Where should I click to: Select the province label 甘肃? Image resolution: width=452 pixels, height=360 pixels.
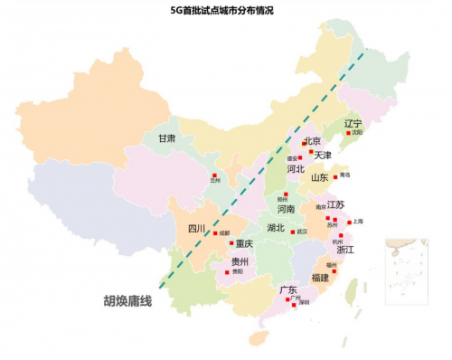[x=166, y=138]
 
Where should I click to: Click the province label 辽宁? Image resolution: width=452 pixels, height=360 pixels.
[x=353, y=123]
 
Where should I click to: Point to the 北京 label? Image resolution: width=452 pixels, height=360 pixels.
[x=313, y=141]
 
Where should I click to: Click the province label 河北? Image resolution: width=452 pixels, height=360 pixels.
[x=295, y=168]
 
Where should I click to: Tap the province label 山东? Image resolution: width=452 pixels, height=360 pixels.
[x=320, y=178]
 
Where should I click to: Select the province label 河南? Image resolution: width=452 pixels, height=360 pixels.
[x=287, y=208]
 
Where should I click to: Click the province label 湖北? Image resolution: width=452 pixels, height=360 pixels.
[x=276, y=228]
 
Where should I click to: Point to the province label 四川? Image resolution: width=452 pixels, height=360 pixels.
[x=197, y=228]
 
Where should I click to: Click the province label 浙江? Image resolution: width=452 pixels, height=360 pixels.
[x=344, y=249]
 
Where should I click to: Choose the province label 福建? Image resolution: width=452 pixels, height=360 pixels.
[x=320, y=277]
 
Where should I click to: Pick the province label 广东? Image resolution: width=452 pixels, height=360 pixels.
[x=287, y=290]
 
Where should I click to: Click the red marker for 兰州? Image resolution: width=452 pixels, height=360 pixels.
[x=214, y=175]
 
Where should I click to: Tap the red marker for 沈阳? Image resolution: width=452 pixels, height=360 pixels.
[x=347, y=132]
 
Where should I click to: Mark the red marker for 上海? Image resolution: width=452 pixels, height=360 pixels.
[x=349, y=222]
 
